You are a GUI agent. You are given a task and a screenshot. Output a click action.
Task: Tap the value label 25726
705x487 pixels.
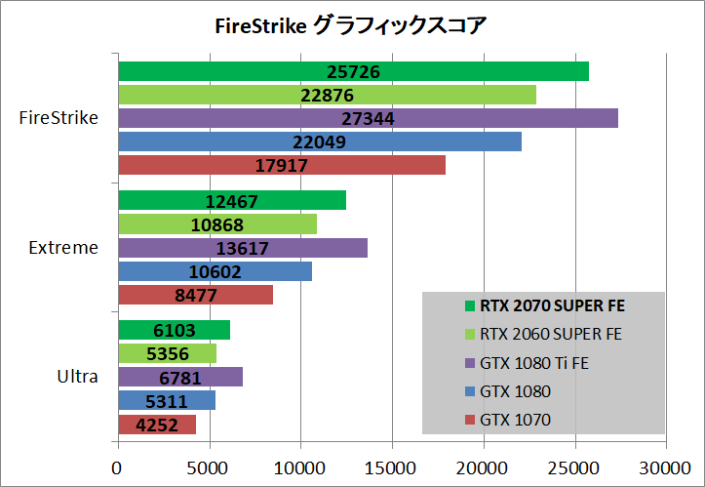tap(354, 71)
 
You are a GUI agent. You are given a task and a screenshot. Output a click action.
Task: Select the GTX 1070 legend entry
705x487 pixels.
tap(515, 420)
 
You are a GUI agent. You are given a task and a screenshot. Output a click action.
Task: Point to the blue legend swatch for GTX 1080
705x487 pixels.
tap(470, 391)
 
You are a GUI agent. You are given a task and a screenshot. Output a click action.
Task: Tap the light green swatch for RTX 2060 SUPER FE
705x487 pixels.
tap(470, 334)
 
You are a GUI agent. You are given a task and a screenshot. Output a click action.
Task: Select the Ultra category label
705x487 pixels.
tap(78, 377)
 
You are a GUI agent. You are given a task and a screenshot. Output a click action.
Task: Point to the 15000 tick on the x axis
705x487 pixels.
tap(392, 468)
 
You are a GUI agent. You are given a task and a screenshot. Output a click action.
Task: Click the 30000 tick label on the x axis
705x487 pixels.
tap(666, 468)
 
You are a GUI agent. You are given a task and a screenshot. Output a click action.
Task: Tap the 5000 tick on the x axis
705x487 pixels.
tap(210, 468)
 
